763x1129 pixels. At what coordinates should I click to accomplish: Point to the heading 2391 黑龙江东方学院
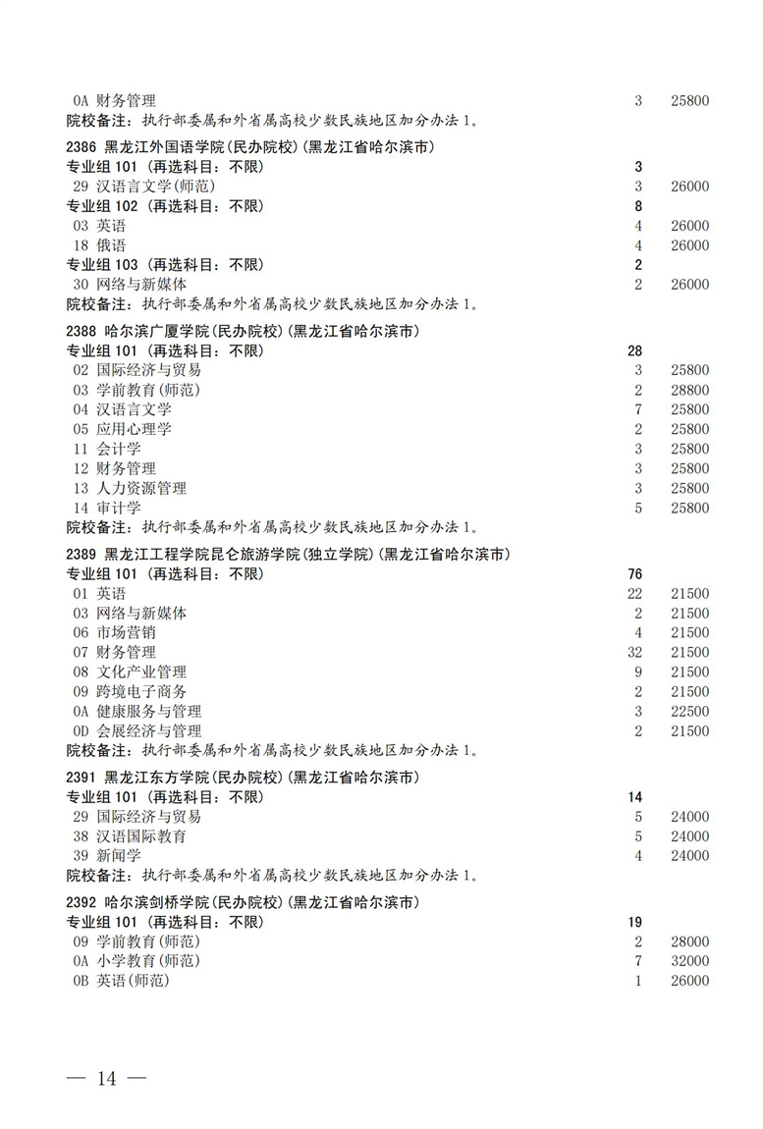pos(243,778)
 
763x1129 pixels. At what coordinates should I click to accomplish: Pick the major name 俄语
pos(111,245)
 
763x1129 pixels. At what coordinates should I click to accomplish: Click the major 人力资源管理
pos(141,488)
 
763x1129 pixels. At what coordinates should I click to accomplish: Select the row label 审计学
pos(119,508)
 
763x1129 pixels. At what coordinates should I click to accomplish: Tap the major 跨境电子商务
pos(141,691)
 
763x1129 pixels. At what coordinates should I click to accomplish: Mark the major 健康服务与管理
pos(148,711)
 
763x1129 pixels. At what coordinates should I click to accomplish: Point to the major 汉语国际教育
pos(141,836)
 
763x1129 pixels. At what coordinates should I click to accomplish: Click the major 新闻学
pos(119,856)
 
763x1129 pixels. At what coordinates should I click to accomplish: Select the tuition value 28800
pos(689,390)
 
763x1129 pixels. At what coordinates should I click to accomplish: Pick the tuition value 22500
pos(689,711)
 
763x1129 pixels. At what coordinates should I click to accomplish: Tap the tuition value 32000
pos(689,961)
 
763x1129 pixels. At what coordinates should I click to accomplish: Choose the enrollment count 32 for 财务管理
pos(637,652)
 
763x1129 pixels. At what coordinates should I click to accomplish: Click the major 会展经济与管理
pos(148,730)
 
